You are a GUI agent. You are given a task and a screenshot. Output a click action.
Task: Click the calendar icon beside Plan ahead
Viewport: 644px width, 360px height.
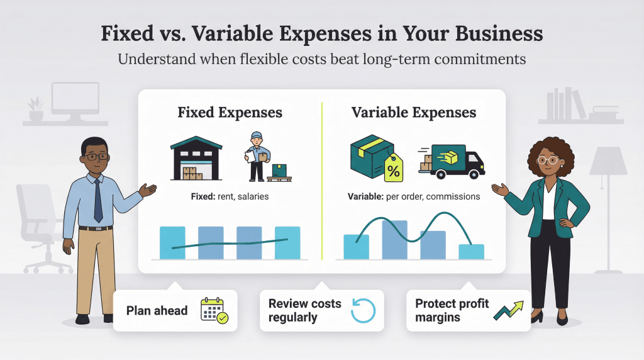click(x=214, y=310)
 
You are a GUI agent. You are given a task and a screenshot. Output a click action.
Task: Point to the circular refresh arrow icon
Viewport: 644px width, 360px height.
click(x=362, y=310)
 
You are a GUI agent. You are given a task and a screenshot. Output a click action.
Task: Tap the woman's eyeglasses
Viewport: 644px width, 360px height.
click(x=548, y=160)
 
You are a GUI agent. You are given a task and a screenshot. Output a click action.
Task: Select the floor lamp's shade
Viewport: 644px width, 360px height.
click(x=608, y=162)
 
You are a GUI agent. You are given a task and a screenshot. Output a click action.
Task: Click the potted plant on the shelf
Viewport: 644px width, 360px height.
click(x=36, y=108)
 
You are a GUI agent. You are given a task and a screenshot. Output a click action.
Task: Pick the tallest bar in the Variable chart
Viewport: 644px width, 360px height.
click(x=394, y=239)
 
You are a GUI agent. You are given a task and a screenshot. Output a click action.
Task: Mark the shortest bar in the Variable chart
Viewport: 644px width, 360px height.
click(x=472, y=251)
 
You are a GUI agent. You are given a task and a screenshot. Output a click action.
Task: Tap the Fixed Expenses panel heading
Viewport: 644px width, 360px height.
click(x=230, y=113)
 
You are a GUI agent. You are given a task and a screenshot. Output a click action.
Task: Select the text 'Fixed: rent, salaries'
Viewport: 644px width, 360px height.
click(x=230, y=196)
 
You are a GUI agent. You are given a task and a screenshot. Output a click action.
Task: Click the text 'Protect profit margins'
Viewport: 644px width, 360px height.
click(x=452, y=310)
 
